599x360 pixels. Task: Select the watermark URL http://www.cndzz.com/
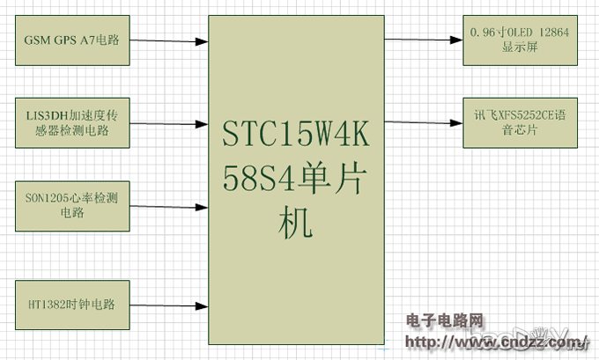tap(498, 341)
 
